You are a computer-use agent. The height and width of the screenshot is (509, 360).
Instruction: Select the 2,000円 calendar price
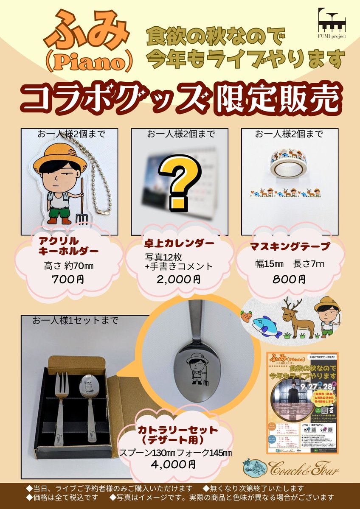[178, 280]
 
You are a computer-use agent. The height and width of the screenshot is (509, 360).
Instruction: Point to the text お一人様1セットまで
[75, 321]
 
